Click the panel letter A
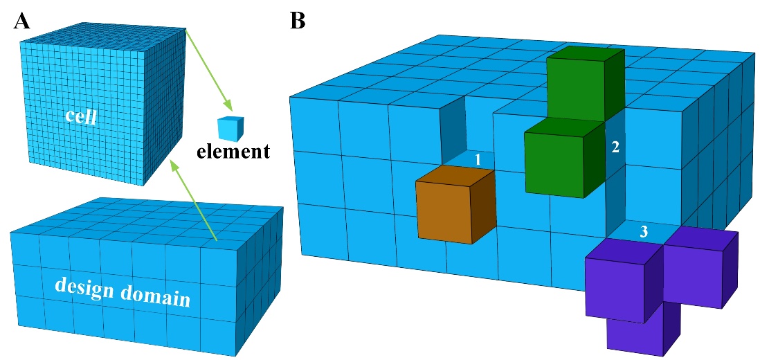click(21, 21)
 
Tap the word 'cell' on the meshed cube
click(80, 116)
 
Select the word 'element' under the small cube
click(232, 151)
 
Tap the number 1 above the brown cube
click(477, 159)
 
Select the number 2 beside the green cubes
click(615, 147)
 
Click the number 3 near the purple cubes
click(644, 233)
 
